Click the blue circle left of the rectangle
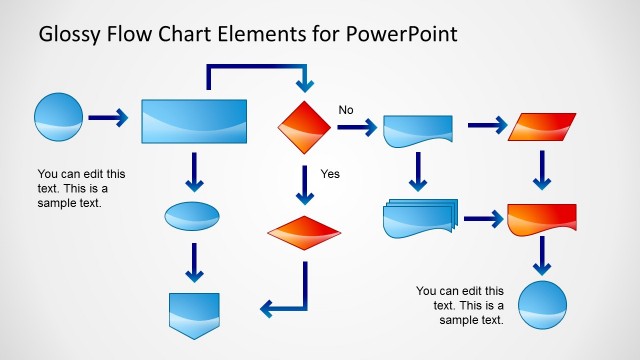[x=58, y=119]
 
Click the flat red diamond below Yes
[x=304, y=233]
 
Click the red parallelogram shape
[x=541, y=127]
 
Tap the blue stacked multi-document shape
[x=419, y=219]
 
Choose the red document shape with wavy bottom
[x=541, y=219]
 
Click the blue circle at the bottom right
[x=541, y=305]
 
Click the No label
[x=347, y=110]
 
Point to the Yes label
[x=330, y=173]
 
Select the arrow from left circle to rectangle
[x=108, y=119]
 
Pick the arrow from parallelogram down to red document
[x=541, y=170]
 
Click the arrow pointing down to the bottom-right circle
[x=541, y=258]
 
